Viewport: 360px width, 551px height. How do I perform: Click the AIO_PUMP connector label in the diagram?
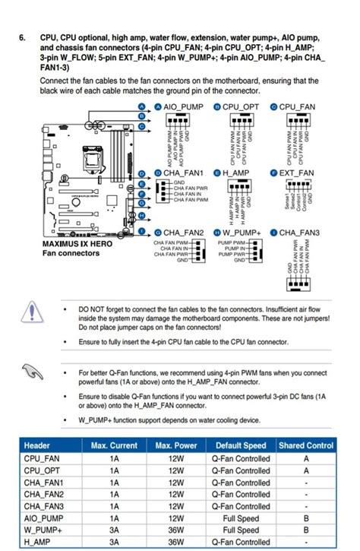[178, 108]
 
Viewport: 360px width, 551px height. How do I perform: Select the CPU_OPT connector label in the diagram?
[242, 108]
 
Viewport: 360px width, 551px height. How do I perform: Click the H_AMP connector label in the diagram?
[236, 173]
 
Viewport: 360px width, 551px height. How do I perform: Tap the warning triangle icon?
[31, 312]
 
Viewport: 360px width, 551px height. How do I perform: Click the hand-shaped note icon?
[31, 371]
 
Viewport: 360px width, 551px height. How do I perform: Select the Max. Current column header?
[114, 445]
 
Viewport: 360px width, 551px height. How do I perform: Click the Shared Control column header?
[305, 445]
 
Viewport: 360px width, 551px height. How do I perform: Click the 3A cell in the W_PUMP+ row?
[114, 530]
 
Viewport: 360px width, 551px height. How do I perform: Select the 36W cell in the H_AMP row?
[175, 543]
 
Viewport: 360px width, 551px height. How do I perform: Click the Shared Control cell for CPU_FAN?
[305, 458]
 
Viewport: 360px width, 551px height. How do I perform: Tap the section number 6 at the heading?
[23, 37]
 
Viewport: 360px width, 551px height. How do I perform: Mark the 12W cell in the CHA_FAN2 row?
[175, 494]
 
